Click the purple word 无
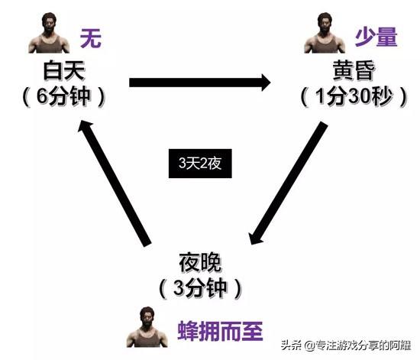[91, 38]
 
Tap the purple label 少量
[376, 37]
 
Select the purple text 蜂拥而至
[220, 331]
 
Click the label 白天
[64, 71]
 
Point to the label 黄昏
[354, 70]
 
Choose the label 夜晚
[200, 262]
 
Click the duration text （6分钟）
[64, 96]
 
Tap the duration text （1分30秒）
[354, 96]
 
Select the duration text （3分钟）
[200, 288]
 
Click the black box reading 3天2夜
[200, 164]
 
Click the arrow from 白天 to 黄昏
[200, 83]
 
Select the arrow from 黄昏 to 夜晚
[288, 183]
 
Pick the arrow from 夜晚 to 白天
[115, 183]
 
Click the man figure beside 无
[49, 33]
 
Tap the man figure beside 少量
[325, 33]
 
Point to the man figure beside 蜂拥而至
[147, 327]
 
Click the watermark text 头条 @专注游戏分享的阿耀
[345, 345]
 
